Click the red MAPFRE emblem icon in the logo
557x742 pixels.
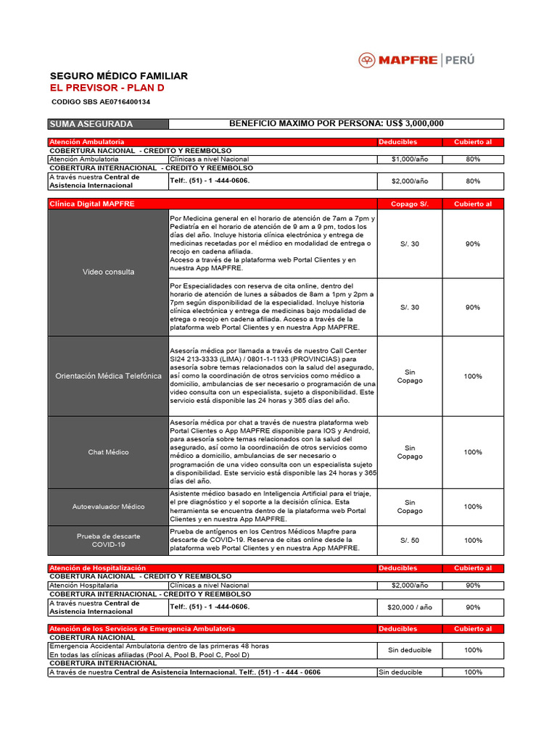tap(368, 60)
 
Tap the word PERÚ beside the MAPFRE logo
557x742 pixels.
tap(459, 60)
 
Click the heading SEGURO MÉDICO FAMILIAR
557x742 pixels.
tap(118, 76)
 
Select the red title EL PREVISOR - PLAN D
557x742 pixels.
tap(107, 88)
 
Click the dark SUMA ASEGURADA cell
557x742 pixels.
tap(107, 124)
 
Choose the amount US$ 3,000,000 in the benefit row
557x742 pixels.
tap(413, 124)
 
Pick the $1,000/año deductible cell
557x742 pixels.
tap(410, 159)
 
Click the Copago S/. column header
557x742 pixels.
tap(410, 204)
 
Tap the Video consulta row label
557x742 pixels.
tap(108, 272)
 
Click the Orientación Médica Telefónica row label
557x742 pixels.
tap(108, 376)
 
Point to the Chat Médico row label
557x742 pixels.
tap(108, 452)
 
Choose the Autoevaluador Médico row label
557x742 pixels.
tap(108, 507)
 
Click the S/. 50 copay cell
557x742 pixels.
tap(410, 540)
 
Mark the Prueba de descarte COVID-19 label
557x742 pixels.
tap(108, 540)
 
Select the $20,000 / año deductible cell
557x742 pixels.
tap(410, 607)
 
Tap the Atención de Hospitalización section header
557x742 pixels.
tap(97, 568)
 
